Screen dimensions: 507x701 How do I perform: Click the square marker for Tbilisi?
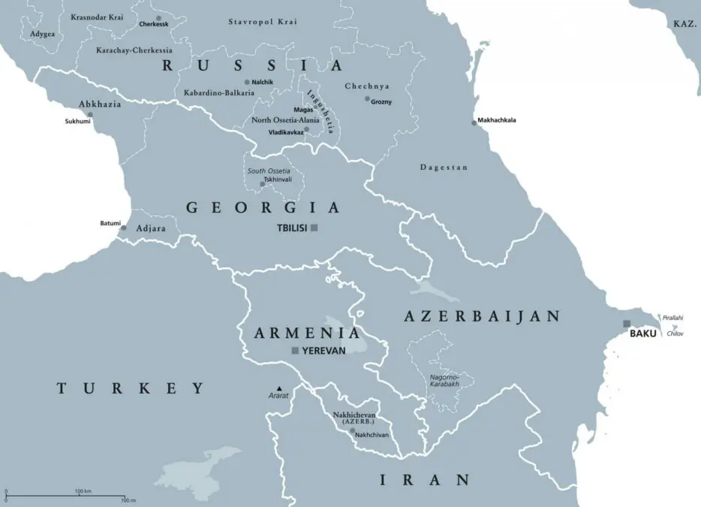click(x=314, y=228)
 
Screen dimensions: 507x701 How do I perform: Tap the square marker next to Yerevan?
click(x=295, y=351)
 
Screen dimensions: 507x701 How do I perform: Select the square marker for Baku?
click(x=627, y=324)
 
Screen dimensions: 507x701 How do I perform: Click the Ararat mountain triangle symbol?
click(x=280, y=388)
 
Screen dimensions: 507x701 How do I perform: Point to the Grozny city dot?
click(x=367, y=99)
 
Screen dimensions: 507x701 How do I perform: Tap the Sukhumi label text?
click(x=77, y=121)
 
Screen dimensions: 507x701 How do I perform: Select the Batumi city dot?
click(x=124, y=228)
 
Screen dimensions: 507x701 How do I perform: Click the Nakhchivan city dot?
click(x=352, y=431)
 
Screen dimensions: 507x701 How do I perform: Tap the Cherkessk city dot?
click(x=158, y=17)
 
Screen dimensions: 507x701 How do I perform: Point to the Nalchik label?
click(x=263, y=81)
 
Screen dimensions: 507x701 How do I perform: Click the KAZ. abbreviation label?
click(x=684, y=24)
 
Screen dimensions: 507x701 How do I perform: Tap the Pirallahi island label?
click(x=673, y=318)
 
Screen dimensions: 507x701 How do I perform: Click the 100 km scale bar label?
click(x=83, y=491)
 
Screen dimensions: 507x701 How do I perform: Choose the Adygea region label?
click(x=42, y=34)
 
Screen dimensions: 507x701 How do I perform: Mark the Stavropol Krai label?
click(x=258, y=22)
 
